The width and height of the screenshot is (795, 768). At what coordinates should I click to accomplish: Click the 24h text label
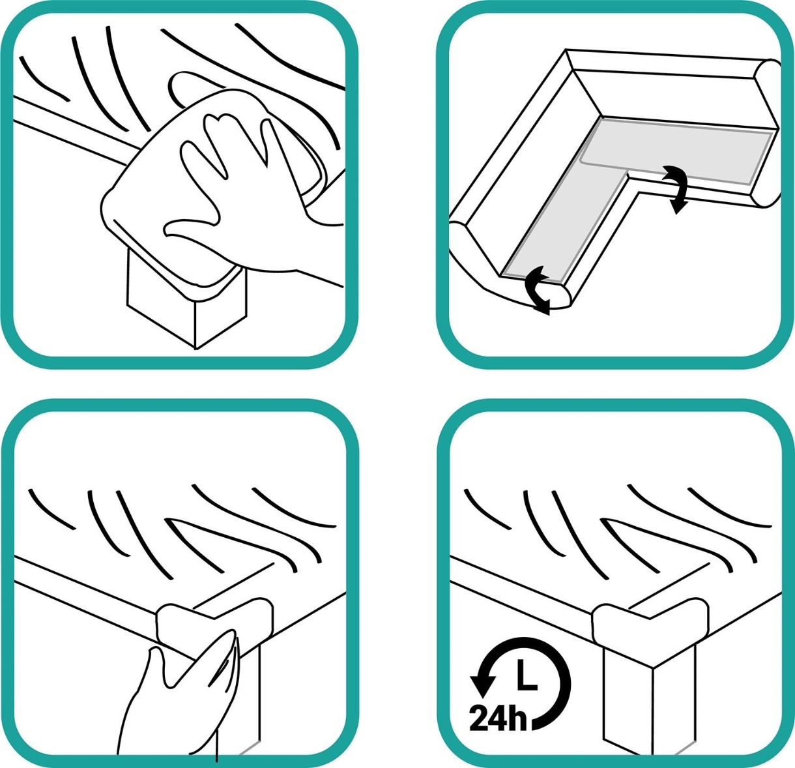498,718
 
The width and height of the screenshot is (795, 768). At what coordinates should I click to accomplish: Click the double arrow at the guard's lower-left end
537,289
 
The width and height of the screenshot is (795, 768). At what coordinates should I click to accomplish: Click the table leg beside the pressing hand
249,703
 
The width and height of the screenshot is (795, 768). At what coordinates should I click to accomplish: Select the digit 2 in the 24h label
478,718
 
